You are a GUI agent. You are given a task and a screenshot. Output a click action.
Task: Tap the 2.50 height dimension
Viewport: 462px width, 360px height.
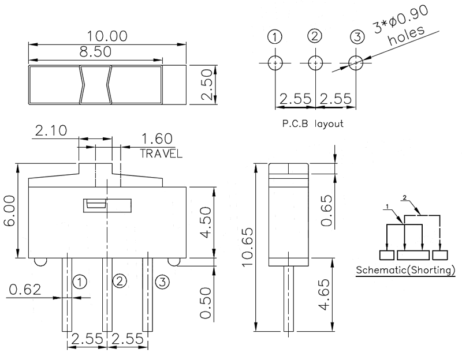coord(208,85)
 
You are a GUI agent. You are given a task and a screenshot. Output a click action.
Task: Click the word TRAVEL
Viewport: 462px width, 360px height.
coord(161,154)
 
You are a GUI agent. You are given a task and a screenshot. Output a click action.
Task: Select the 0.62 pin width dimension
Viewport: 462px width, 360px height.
coord(25,290)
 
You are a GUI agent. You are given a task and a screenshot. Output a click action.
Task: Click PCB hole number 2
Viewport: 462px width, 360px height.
coord(315,62)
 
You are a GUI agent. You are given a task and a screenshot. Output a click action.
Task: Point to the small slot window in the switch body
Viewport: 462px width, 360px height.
coord(96,205)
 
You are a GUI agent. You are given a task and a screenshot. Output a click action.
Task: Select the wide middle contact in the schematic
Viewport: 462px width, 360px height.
coord(413,255)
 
